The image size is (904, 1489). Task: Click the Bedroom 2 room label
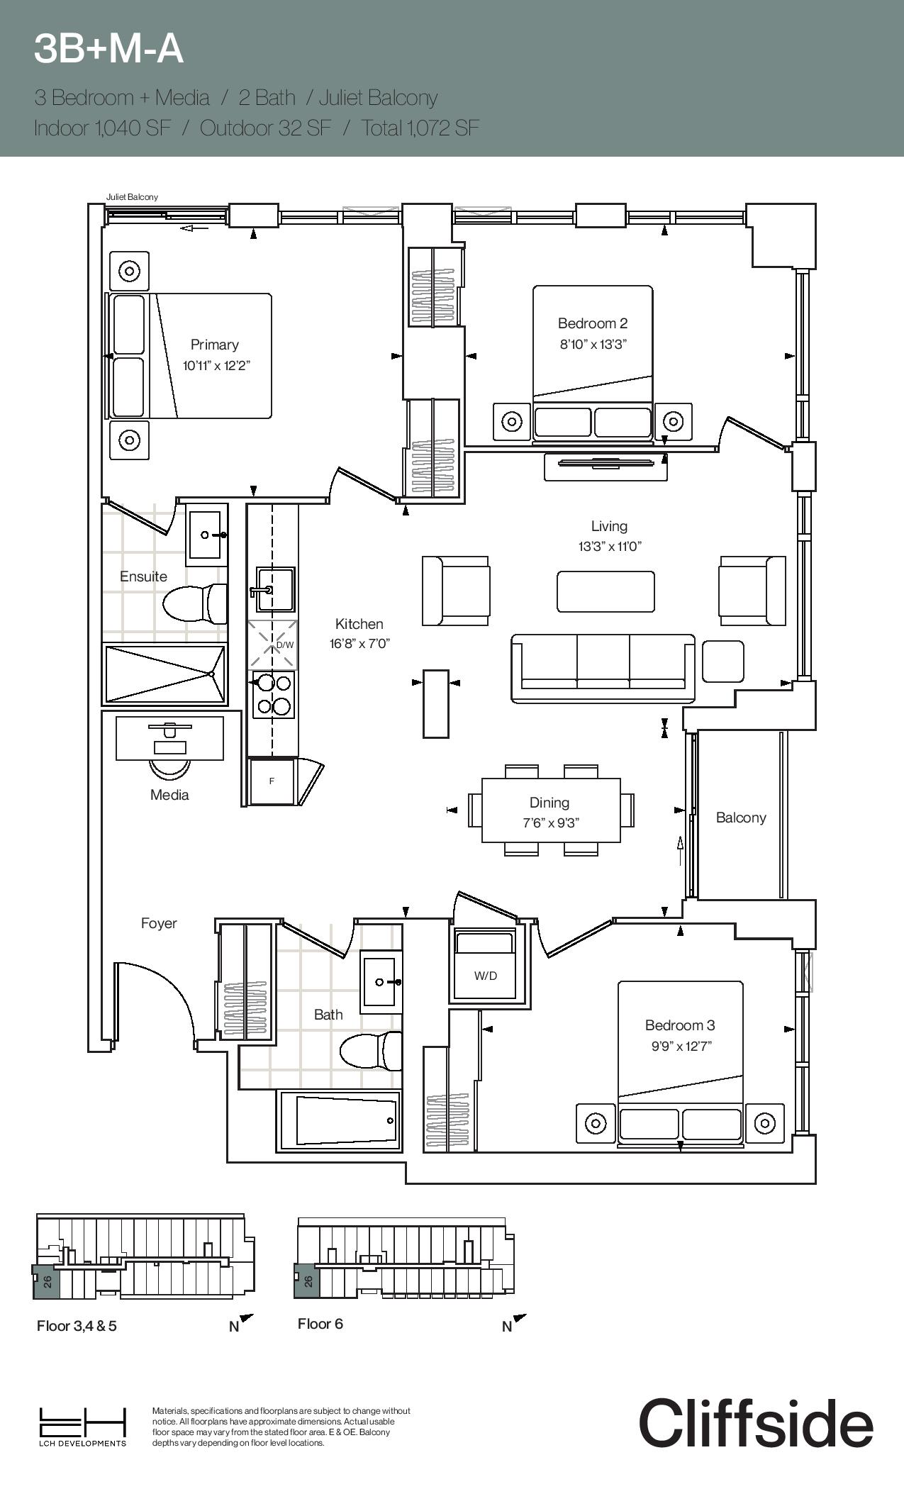coord(592,324)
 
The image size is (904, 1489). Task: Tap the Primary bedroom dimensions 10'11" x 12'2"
coord(216,366)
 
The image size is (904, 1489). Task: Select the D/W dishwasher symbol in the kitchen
coord(272,645)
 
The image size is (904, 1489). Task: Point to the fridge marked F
coord(272,781)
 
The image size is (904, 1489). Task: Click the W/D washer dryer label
coord(486,976)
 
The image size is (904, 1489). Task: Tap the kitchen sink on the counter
coord(275,589)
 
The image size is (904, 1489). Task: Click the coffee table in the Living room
coord(605,591)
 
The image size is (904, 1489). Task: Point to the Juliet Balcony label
coord(132,197)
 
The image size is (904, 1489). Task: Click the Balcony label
coord(740,818)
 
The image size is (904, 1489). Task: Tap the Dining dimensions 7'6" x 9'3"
coord(551,823)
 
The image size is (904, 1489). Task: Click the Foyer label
coord(158,923)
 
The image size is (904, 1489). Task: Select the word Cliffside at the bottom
coord(755,1423)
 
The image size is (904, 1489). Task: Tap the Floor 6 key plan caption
coord(320,1324)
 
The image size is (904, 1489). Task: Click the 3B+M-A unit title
coord(108,49)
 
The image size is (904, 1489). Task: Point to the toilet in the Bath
coord(370,1051)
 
